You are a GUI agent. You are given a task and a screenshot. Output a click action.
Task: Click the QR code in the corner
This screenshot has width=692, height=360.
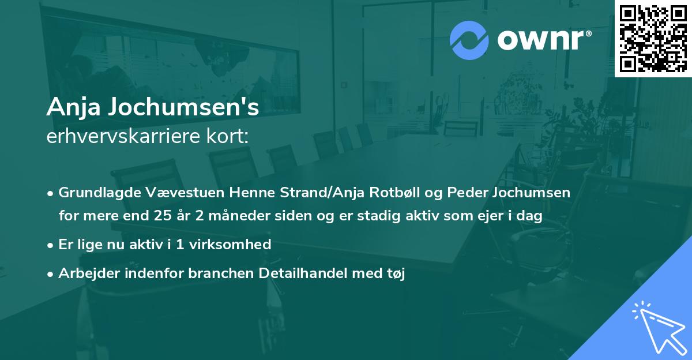[x=653, y=38]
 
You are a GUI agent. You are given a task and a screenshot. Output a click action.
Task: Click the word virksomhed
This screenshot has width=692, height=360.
[x=236, y=245]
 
